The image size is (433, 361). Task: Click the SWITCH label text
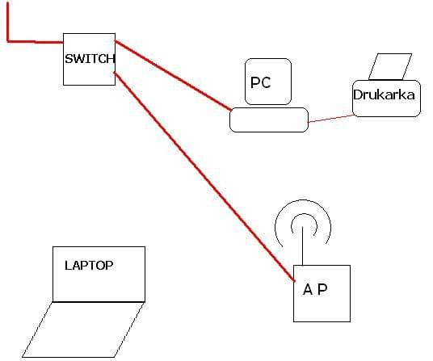pos(90,59)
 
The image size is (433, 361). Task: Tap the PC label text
pos(260,82)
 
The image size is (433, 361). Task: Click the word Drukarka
pos(384,94)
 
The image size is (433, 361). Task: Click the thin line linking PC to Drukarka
pos(330,119)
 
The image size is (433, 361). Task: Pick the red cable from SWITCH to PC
pos(173,75)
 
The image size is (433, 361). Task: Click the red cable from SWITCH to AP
pos(204,177)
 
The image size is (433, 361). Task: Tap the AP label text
pos(315,289)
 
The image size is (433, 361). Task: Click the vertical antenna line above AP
pos(303,246)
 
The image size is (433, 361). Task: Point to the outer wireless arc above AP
pos(303,200)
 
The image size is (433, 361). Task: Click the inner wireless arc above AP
pos(304,213)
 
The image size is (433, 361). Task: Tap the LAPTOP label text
pos(89,265)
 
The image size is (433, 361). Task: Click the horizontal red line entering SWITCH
pos(36,42)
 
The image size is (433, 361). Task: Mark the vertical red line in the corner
pos(8,22)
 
